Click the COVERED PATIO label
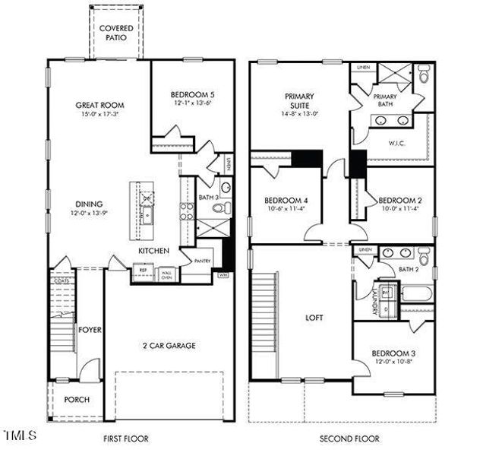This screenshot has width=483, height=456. click(x=116, y=32)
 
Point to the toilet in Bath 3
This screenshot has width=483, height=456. click(x=226, y=188)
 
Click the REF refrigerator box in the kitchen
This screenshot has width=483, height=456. click(x=142, y=268)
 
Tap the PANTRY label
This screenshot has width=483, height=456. click(x=202, y=261)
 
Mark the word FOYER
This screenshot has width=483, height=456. click(x=90, y=330)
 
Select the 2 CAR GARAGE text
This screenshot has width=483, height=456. click(x=168, y=346)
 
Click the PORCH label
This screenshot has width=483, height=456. click(x=76, y=399)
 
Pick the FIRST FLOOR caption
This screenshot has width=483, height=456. click(x=126, y=439)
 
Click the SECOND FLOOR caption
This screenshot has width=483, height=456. click(x=344, y=439)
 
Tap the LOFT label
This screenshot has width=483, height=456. click(x=314, y=318)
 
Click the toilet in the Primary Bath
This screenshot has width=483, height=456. click(x=424, y=77)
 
